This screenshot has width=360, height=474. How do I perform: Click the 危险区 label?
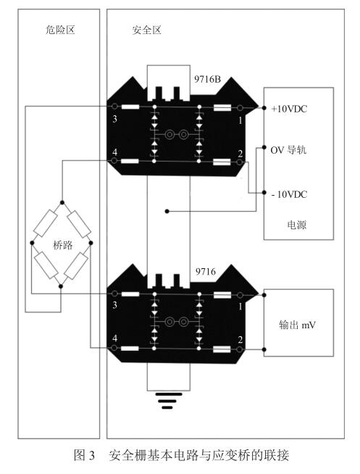[60, 30]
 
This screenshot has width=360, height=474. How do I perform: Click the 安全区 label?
[147, 30]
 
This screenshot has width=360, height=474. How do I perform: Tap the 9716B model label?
[207, 79]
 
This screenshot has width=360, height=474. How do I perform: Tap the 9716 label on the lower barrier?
[206, 272]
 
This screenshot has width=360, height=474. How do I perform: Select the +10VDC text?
[289, 109]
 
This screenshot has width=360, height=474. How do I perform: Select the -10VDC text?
[289, 194]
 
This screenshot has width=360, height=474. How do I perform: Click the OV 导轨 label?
[288, 150]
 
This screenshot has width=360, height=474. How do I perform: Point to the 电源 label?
[296, 225]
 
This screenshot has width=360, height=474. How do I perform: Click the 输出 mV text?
[297, 325]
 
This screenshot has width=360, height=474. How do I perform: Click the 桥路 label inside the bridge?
[63, 245]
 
